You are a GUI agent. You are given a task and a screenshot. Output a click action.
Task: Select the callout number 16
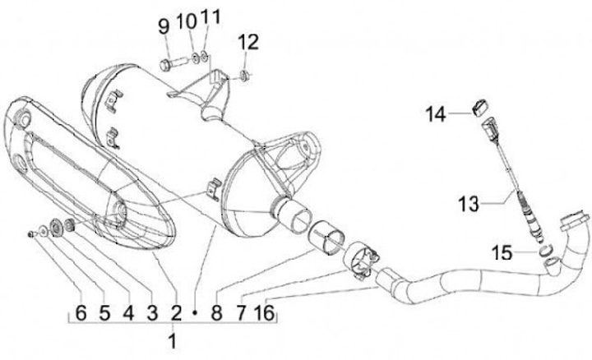263,312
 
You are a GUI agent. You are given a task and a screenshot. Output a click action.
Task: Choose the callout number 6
81,312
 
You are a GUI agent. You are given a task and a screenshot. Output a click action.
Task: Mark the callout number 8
217,312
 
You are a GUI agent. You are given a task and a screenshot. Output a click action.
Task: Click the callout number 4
127,312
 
